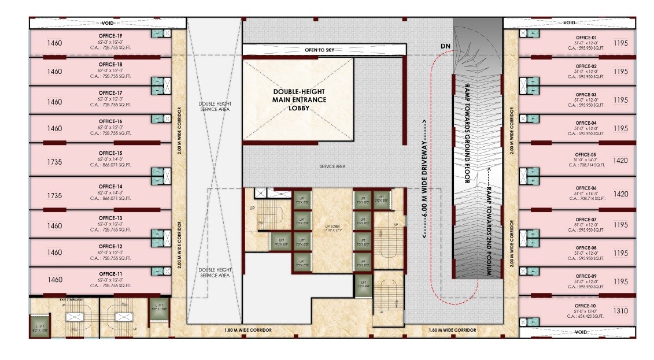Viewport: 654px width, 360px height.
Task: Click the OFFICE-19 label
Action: (110, 36)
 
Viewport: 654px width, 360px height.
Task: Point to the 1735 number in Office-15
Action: (54, 162)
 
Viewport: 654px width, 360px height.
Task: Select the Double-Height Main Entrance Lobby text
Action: (299, 100)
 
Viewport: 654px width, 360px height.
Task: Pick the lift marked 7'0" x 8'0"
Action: (380, 199)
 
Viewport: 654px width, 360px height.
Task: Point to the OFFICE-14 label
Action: (110, 186)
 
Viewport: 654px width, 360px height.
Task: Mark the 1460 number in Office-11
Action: (54, 280)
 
